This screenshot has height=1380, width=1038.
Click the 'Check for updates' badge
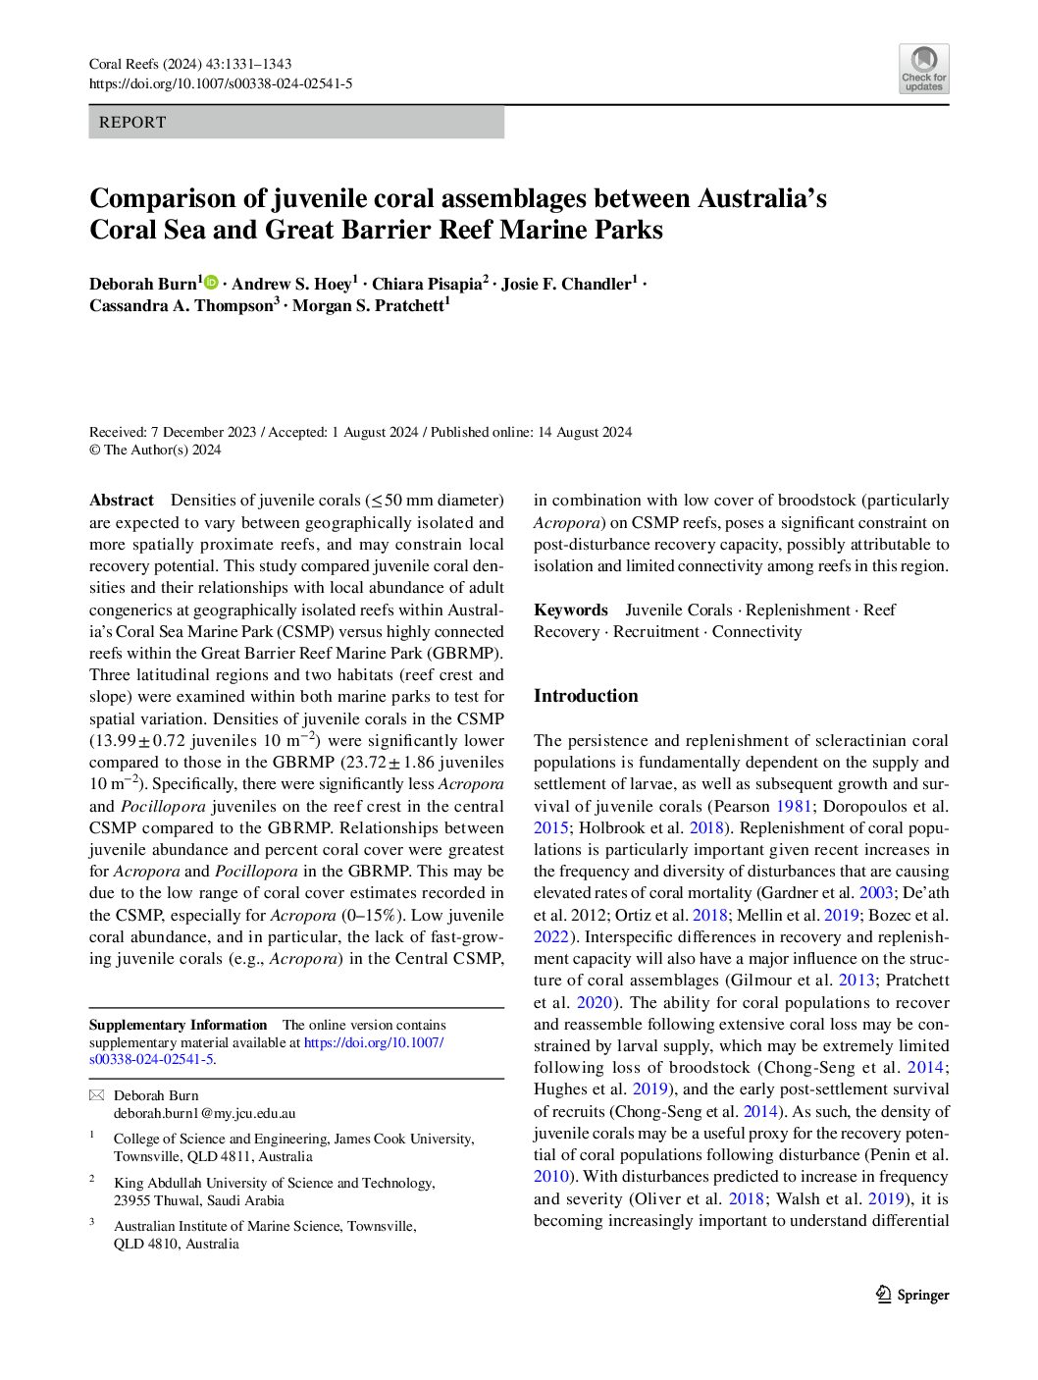coord(923,69)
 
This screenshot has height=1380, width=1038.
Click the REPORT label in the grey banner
coord(133,123)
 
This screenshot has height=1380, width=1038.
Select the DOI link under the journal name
coord(221,83)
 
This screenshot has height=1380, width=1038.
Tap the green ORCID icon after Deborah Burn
coord(211,283)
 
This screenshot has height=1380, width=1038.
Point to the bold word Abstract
coord(122,501)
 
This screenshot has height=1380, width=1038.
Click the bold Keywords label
coord(571,610)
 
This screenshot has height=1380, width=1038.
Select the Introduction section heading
coord(586,696)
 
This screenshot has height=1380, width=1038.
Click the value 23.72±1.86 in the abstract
coord(407,762)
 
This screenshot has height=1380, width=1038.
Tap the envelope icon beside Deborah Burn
coord(96,1095)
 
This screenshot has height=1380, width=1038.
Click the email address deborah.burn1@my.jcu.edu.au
coord(204,1113)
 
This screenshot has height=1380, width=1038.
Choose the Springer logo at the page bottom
coord(912,1295)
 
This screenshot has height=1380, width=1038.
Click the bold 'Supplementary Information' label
coord(178,1025)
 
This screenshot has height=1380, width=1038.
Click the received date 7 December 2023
coord(204,432)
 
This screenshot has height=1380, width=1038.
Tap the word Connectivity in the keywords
coord(756,631)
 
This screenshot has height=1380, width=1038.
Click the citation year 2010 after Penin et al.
coord(551,1176)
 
